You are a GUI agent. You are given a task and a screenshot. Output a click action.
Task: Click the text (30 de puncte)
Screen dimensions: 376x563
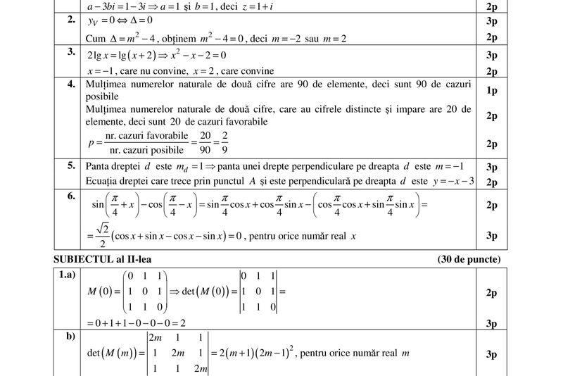click(469, 260)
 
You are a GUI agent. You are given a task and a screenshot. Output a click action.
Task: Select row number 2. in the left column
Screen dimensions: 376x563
click(71, 20)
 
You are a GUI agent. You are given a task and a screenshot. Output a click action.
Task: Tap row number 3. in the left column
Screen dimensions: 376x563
click(71, 52)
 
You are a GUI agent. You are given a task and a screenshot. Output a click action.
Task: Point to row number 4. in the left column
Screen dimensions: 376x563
click(71, 84)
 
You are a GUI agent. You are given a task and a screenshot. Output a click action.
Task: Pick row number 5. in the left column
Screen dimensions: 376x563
click(71, 166)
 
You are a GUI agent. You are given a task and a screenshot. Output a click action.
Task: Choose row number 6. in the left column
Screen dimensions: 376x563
click(71, 196)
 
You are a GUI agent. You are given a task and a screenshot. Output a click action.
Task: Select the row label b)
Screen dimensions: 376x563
click(70, 337)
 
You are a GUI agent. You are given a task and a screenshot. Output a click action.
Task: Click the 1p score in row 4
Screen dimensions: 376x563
click(491, 91)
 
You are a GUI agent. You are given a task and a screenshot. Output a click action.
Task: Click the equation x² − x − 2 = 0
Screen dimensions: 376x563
click(196, 55)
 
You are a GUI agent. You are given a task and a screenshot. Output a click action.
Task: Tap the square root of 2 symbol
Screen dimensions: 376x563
click(102, 230)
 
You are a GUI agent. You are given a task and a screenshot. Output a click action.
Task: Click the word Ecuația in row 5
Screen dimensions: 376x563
click(102, 182)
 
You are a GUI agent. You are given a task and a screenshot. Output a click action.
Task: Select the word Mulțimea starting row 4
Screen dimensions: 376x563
click(106, 84)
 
